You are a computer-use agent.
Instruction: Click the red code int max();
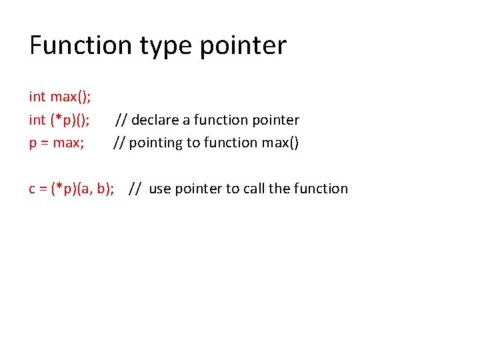[60, 97]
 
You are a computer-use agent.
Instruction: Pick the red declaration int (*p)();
[60, 120]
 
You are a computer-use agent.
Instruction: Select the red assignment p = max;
[57, 143]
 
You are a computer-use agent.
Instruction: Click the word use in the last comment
[159, 189]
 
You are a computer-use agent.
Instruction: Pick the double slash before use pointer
[135, 189]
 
